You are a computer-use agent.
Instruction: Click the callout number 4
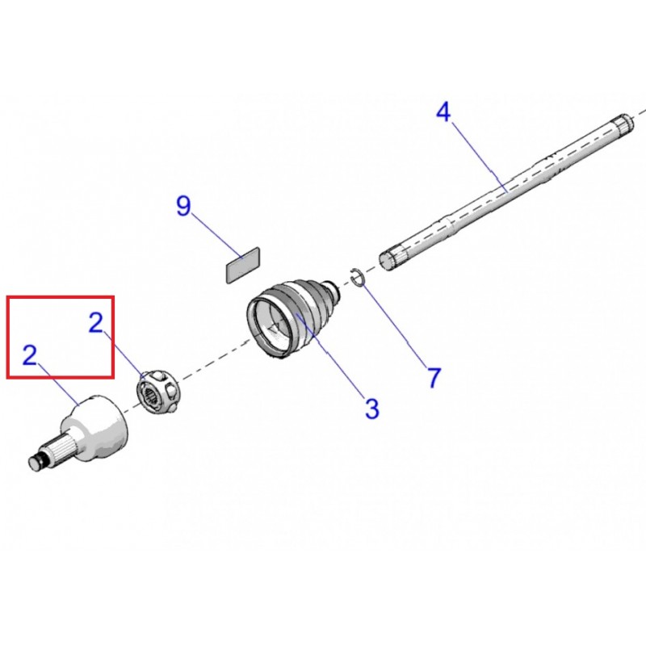443,112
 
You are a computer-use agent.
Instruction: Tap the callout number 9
184,206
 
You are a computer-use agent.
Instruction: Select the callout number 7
434,377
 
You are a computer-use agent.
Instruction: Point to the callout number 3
372,409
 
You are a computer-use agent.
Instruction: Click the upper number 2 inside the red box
96,322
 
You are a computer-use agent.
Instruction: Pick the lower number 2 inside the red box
30,355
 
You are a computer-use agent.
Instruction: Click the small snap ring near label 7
356,277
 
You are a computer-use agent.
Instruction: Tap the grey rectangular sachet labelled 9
243,265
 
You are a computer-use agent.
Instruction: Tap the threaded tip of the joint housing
36,462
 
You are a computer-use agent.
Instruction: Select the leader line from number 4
480,157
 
